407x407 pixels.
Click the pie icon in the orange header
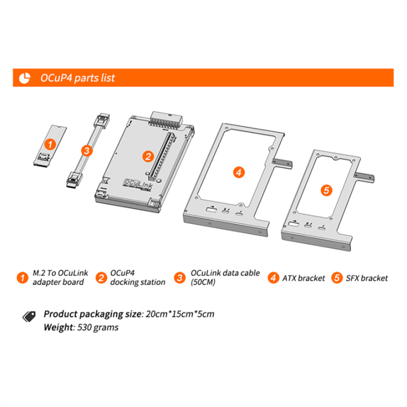[25, 77]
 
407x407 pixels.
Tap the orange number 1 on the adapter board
[50, 145]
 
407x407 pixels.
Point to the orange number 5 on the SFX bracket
[326, 190]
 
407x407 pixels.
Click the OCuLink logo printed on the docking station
[137, 185]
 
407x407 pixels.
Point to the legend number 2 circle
[101, 278]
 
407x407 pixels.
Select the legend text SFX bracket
[367, 278]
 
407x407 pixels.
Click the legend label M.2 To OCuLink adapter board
[58, 278]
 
